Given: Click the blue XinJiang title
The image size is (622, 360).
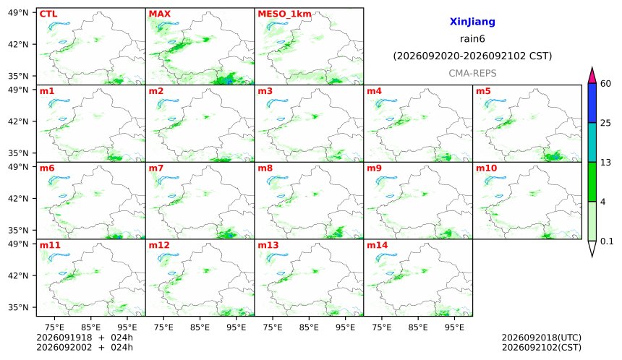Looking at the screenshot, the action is tap(472, 22).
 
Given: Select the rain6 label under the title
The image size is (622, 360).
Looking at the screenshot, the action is tap(472, 39).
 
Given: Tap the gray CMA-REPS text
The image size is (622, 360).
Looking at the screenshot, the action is tap(472, 73).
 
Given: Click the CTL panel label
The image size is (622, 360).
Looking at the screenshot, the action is tap(48, 14).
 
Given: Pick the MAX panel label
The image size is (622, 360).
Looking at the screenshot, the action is tap(159, 14).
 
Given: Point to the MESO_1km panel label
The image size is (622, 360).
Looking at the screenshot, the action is tap(284, 14).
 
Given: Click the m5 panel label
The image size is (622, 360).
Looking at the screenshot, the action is tap(483, 91).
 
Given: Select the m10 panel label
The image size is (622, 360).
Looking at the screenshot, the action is tap(486, 168).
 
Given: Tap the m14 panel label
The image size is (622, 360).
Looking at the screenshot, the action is tap(378, 245).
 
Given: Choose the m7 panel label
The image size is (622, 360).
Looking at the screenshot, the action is tap(156, 168).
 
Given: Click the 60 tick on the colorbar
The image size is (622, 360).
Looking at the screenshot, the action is tap(606, 84).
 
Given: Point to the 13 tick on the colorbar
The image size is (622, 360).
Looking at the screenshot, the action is tap(606, 163).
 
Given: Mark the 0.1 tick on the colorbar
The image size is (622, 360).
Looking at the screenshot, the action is tap(607, 241).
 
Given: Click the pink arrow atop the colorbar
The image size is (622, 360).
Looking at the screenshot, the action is tap(592, 76).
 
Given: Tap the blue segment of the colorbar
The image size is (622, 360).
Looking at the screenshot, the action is tap(592, 103).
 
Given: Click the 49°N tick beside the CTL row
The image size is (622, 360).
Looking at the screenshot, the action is tap(18, 13).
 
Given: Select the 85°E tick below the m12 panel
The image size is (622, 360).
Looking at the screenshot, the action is tap(200, 327).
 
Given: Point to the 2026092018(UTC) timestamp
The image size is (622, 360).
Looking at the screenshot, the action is tap(542, 338).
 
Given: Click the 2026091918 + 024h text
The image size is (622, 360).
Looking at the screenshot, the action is tap(85, 338).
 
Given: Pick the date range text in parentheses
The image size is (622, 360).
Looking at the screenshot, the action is tap(472, 56).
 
